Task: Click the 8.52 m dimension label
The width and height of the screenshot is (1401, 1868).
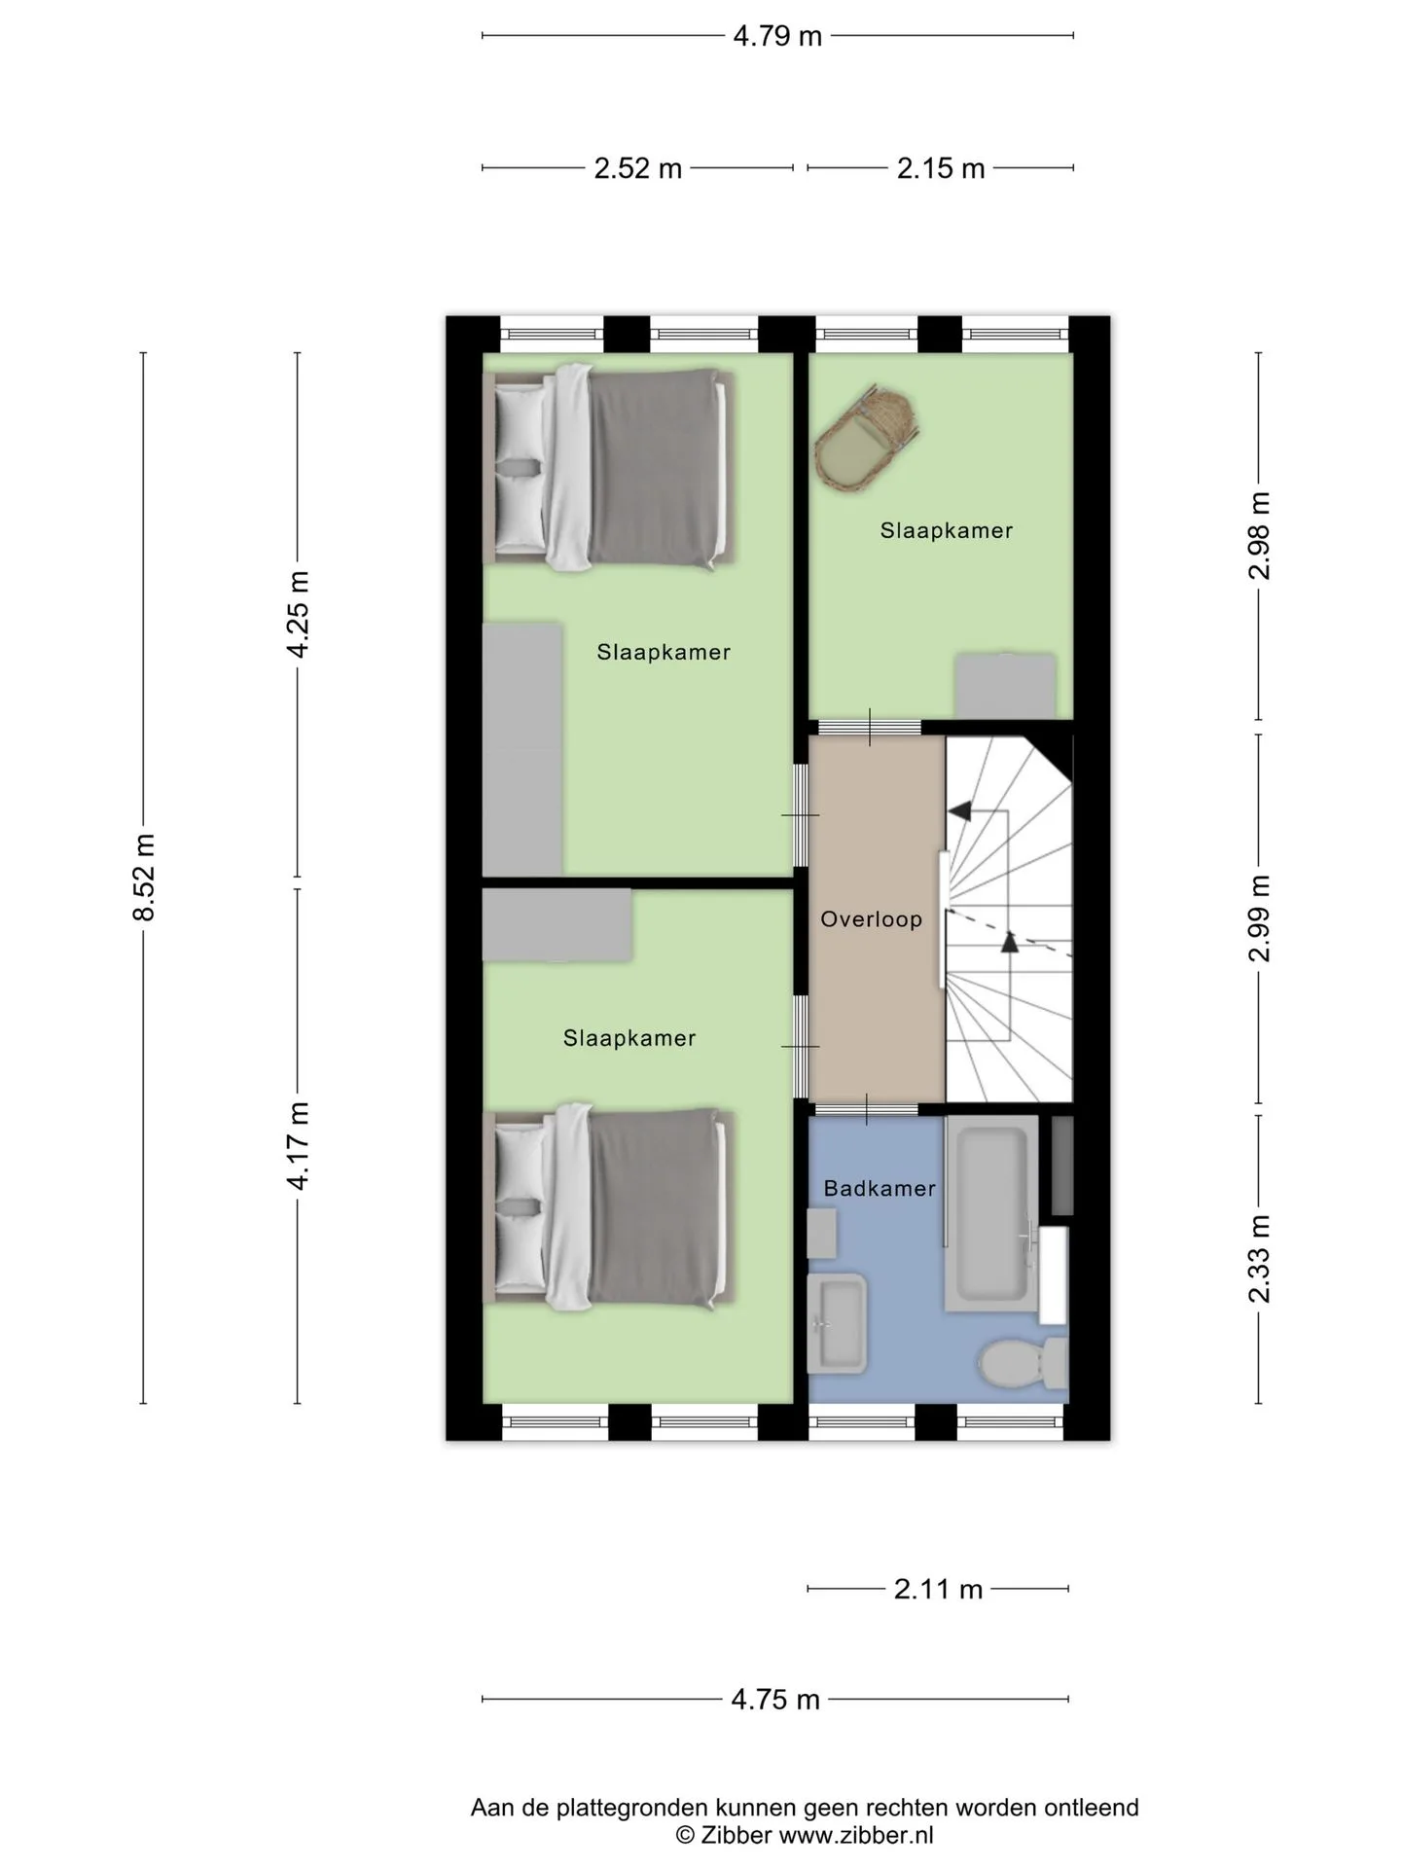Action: [144, 877]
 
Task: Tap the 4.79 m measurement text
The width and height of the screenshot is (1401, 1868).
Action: [777, 36]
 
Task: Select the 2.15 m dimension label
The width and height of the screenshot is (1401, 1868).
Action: [941, 168]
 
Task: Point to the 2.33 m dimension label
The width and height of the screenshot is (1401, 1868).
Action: [1260, 1259]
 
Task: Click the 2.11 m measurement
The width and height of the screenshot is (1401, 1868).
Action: [938, 1589]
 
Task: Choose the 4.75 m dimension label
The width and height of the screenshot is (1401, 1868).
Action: [775, 1699]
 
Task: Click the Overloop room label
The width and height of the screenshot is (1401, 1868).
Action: [871, 919]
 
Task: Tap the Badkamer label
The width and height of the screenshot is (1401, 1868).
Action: [880, 1188]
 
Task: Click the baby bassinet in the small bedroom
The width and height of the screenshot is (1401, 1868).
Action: [867, 437]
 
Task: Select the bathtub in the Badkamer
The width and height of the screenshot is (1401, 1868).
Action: [991, 1213]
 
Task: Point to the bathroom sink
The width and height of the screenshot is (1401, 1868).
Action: [837, 1323]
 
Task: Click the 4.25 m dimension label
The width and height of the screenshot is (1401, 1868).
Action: [298, 615]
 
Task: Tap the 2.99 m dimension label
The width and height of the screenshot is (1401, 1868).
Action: [1260, 918]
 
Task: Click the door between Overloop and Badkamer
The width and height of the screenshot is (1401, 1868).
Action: [867, 1108]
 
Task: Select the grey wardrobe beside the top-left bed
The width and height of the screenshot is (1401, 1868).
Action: [522, 749]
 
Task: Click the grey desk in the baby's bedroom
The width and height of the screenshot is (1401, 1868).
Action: [1005, 686]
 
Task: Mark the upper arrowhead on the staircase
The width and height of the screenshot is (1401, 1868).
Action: [959, 809]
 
